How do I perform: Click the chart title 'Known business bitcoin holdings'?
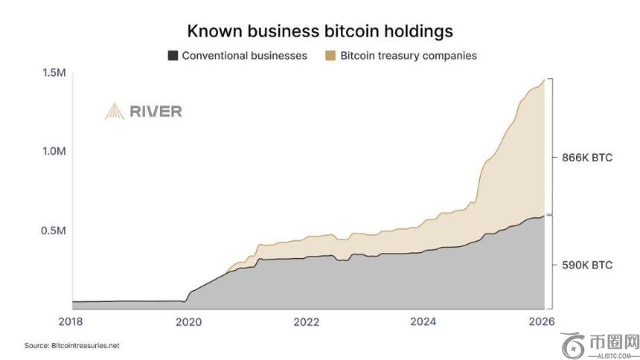pyautogui.click(x=320, y=31)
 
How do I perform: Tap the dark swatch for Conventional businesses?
pyautogui.click(x=173, y=55)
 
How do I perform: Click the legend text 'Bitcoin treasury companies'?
pyautogui.click(x=409, y=55)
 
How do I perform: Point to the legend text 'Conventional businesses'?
pyautogui.click(x=244, y=55)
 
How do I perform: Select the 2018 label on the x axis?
pyautogui.click(x=72, y=321)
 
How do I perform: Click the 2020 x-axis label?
pyautogui.click(x=189, y=321)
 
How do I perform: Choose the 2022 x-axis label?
pyautogui.click(x=307, y=321)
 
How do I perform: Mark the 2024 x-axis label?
pyautogui.click(x=424, y=321)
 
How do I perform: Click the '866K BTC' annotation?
pyautogui.click(x=586, y=158)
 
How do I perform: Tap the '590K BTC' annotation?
pyautogui.click(x=586, y=264)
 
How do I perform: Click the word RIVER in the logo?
pyautogui.click(x=156, y=112)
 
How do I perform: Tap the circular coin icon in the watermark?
pyautogui.click(x=574, y=344)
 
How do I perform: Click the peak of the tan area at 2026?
pyautogui.click(x=544, y=80)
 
